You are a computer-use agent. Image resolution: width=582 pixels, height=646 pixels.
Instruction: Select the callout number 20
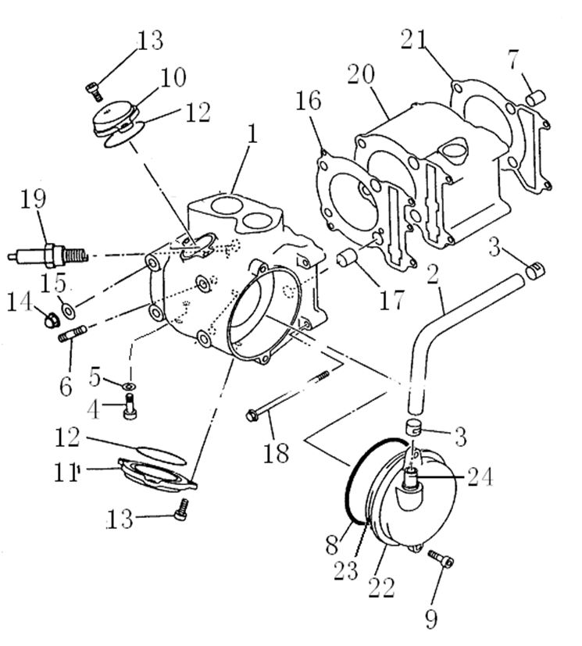(x=361, y=76)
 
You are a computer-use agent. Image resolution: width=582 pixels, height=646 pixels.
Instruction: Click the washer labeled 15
(x=69, y=310)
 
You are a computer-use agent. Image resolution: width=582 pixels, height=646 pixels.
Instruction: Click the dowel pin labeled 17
(x=348, y=260)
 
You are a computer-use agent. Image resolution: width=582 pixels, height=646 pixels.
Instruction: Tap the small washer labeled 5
(x=129, y=384)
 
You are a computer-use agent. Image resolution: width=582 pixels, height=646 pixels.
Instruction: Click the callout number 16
(x=307, y=102)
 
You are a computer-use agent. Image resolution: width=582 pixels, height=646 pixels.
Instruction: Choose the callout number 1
(x=252, y=134)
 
